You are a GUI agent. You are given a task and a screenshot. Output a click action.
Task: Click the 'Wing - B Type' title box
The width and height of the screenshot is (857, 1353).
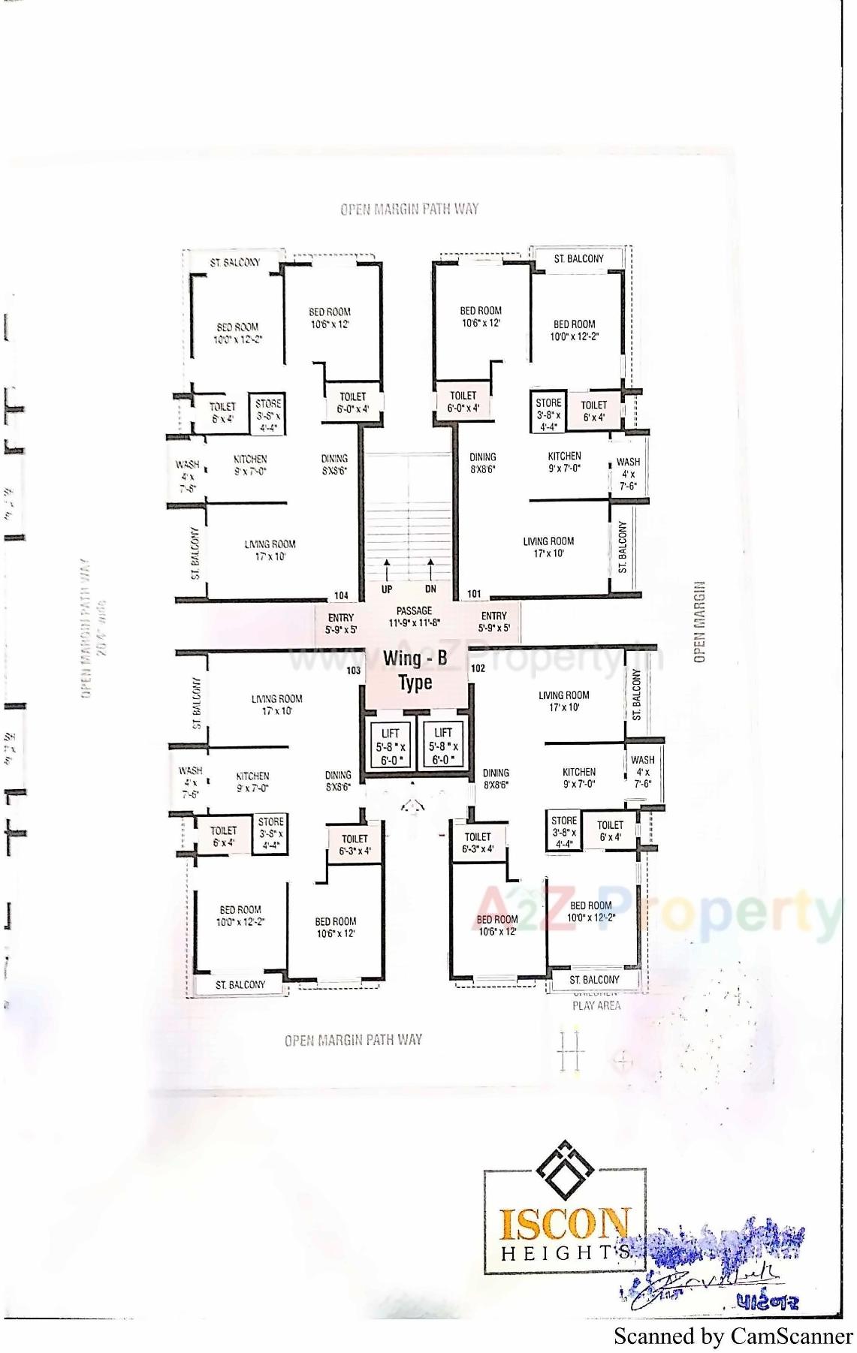click(415, 670)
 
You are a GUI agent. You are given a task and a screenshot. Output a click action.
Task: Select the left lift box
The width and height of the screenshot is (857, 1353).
click(391, 746)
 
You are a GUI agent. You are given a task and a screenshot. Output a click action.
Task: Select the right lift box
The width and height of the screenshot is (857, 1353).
click(443, 746)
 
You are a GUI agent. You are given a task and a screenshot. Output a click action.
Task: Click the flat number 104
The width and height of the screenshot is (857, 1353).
click(341, 595)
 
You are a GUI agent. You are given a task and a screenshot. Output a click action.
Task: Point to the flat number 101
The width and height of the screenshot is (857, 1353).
click(474, 594)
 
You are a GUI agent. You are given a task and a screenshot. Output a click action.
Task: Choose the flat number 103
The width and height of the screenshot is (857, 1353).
click(353, 670)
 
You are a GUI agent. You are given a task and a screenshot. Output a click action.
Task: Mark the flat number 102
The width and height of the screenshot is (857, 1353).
click(478, 667)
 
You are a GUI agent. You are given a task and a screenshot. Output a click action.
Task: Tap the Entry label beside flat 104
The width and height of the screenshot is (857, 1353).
click(341, 623)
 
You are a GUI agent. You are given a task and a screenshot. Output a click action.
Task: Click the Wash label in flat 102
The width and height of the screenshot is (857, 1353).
click(642, 771)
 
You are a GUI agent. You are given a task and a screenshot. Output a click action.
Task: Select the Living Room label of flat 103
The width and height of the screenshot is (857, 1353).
click(276, 704)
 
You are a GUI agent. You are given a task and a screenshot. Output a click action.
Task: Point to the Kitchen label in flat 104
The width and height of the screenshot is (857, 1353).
click(250, 465)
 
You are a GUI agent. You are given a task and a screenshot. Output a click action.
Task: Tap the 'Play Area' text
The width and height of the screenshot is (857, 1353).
click(596, 1005)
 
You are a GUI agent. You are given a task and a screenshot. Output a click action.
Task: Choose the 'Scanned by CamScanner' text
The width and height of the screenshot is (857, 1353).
click(733, 1336)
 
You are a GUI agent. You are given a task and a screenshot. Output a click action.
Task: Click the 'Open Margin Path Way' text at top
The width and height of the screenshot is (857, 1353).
click(409, 209)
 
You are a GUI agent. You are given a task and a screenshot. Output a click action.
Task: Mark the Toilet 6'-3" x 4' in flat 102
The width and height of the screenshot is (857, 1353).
click(478, 842)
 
